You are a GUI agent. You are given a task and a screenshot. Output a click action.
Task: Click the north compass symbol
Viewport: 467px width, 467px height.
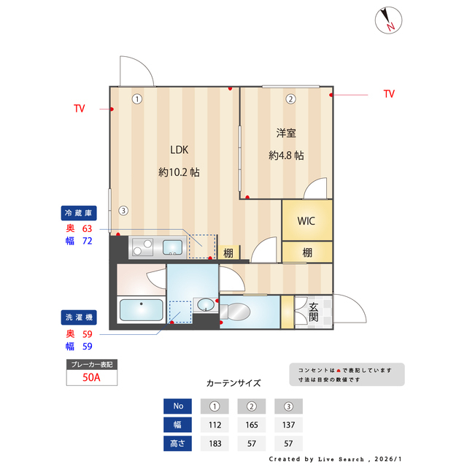click(387, 20)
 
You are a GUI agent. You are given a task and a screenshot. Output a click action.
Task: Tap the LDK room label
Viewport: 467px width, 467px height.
click(180, 150)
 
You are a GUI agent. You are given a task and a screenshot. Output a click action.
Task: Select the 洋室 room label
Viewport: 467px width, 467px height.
click(286, 134)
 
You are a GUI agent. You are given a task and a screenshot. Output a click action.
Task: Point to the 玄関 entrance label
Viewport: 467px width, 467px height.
click(313, 312)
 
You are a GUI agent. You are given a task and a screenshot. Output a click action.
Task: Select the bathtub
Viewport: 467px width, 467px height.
click(141, 312)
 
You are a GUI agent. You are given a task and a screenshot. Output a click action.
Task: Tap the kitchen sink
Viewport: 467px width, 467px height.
click(173, 245)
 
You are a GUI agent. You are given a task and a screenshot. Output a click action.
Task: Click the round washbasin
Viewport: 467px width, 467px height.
click(204, 304)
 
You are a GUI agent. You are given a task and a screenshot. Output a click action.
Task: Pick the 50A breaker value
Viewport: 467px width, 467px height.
click(92, 377)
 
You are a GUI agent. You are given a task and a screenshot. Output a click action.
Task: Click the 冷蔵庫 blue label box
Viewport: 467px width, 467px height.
click(78, 213)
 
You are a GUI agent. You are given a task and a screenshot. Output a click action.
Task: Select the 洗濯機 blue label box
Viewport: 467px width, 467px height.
click(78, 317)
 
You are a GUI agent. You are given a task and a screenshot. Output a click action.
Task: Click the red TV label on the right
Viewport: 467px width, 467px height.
click(389, 94)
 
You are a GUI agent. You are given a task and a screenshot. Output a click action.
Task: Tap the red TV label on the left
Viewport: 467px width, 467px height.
click(79, 109)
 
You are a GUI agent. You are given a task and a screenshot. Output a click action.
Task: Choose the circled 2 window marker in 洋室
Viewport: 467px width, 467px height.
click(290, 99)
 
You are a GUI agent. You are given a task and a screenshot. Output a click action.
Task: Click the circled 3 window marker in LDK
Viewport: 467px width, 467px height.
click(123, 211)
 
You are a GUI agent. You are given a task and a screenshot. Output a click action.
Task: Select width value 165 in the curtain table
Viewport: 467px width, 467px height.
click(251, 424)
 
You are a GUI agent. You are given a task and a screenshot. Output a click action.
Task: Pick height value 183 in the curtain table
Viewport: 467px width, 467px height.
click(215, 442)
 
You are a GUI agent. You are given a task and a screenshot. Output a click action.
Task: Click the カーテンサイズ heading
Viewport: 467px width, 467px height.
click(233, 382)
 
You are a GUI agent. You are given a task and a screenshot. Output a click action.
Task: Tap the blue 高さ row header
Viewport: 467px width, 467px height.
click(178, 442)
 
